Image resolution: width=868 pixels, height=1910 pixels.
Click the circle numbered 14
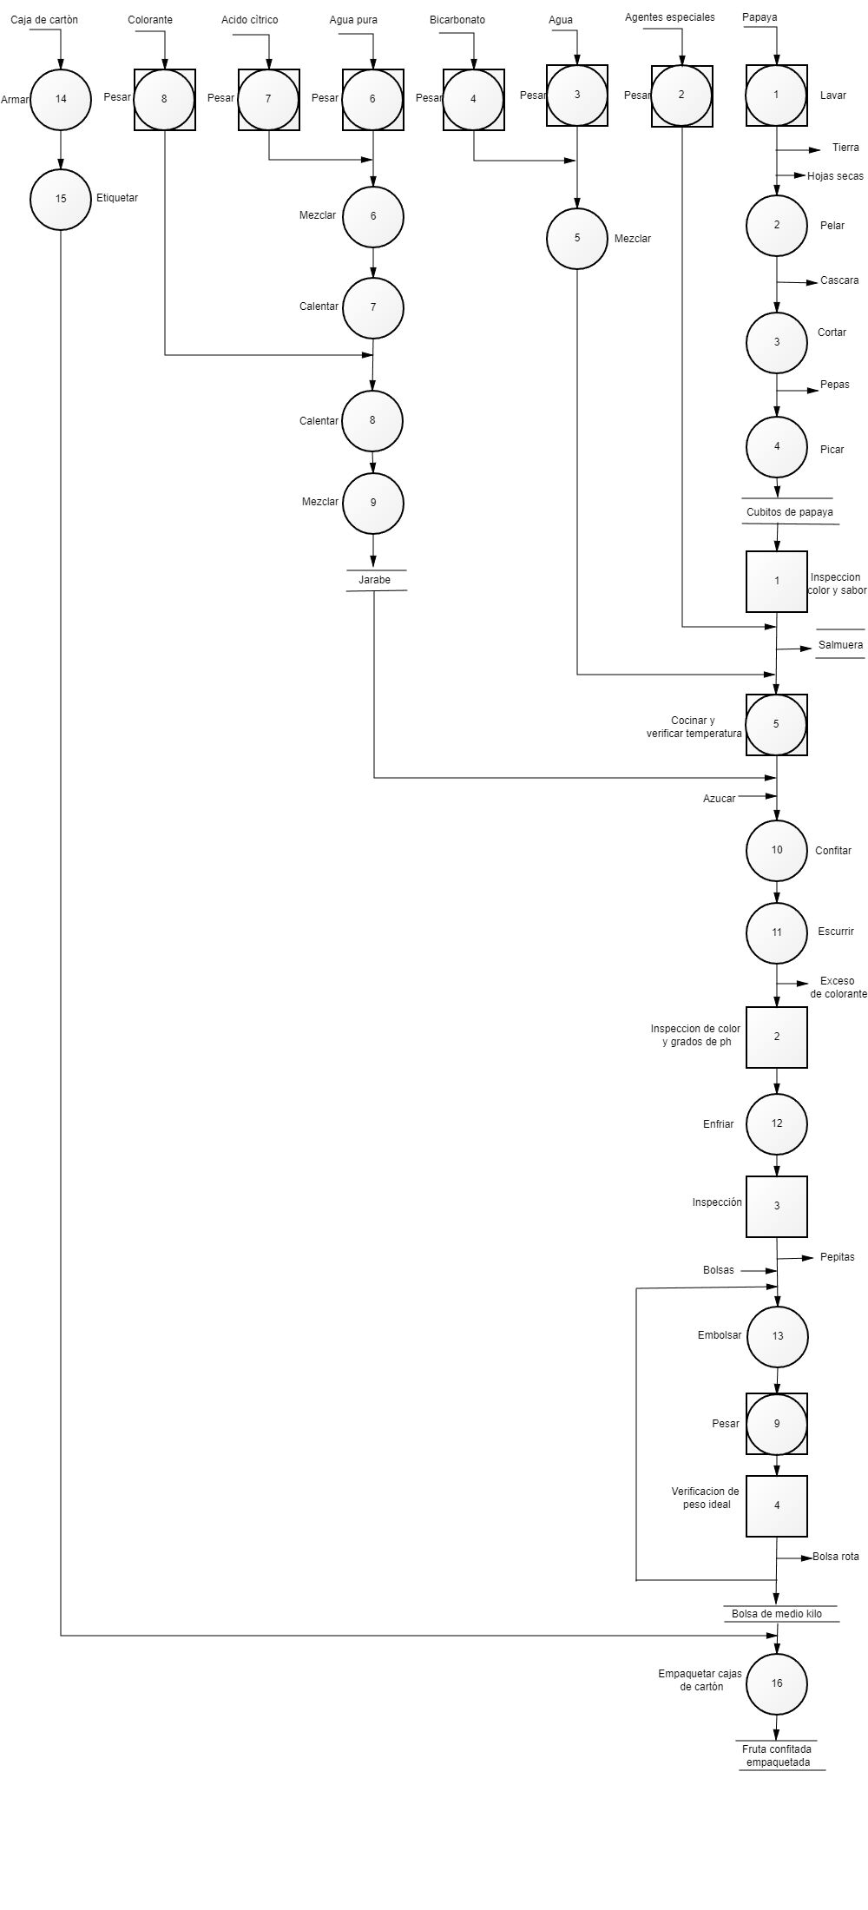61,99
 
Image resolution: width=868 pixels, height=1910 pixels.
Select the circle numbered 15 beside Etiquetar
61,199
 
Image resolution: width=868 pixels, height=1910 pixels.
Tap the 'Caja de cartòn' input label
44,20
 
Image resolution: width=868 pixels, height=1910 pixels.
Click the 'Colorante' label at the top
150,20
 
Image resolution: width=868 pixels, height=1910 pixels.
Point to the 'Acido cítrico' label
250,20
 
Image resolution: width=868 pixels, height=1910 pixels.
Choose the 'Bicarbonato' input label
457,20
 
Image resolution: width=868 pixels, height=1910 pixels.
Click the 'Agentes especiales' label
670,17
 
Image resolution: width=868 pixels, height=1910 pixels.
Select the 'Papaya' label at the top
759,17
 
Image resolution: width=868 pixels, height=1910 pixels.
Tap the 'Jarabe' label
375,580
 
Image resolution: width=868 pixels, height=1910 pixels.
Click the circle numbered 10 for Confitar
777,850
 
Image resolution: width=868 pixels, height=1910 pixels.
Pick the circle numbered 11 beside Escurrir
777,932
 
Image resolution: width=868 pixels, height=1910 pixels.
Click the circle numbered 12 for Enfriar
777,1123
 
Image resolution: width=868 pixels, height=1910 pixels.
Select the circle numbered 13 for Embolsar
778,1336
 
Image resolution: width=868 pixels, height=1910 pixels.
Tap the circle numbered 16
777,1683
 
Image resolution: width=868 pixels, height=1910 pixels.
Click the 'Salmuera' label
841,645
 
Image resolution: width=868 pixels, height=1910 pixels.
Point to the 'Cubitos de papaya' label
790,512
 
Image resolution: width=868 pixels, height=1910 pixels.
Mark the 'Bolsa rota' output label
836,1557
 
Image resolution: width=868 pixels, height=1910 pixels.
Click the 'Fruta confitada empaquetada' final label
779,1755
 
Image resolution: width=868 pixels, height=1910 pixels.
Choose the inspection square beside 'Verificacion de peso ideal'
777,1505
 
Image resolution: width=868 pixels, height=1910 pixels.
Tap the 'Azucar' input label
720,799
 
